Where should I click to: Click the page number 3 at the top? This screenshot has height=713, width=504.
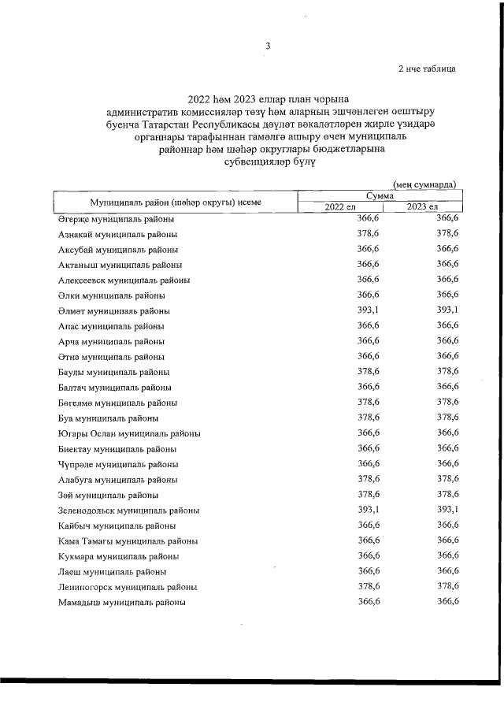pyautogui.click(x=268, y=46)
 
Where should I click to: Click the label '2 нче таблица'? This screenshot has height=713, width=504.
pyautogui.click(x=427, y=69)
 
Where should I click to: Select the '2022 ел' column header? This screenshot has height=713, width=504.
pyautogui.click(x=340, y=206)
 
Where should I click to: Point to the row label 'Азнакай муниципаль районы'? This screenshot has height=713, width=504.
pyautogui.click(x=117, y=234)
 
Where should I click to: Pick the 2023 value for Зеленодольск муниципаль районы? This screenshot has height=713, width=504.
pyautogui.click(x=447, y=510)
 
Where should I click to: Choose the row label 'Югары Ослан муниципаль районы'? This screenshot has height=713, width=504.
pyautogui.click(x=129, y=433)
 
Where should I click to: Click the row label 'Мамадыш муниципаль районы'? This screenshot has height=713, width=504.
pyautogui.click(x=122, y=602)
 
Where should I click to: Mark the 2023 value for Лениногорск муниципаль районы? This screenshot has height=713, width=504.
pyautogui.click(x=447, y=586)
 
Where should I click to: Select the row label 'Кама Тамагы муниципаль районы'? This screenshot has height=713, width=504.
pyautogui.click(x=128, y=540)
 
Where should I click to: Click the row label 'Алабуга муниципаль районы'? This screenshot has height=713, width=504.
pyautogui.click(x=117, y=479)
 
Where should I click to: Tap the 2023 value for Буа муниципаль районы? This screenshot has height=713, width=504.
pyautogui.click(x=447, y=418)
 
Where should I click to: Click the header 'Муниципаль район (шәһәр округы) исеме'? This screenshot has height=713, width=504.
pyautogui.click(x=175, y=202)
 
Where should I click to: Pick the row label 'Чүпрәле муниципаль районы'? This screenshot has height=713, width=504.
pyautogui.click(x=118, y=464)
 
